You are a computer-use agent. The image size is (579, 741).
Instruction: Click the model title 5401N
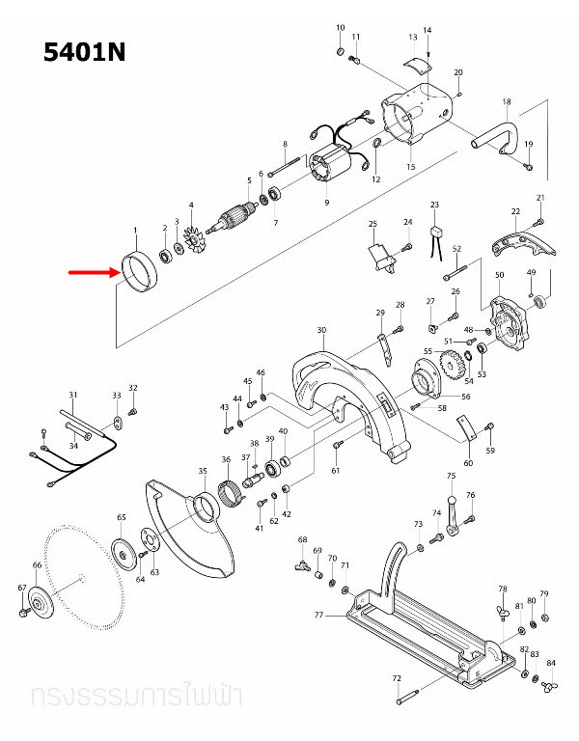[x=85, y=52]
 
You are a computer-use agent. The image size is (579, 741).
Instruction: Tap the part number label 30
[x=321, y=330]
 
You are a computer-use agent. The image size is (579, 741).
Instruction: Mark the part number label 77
[x=319, y=614]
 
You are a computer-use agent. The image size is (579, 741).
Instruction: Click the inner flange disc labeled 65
[x=124, y=553]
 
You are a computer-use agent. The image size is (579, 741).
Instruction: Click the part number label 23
[x=435, y=206]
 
